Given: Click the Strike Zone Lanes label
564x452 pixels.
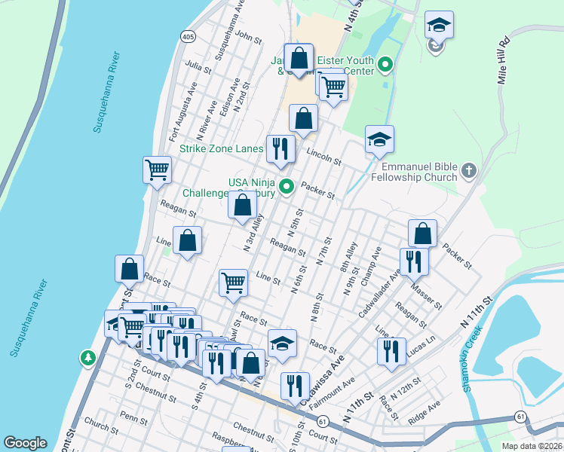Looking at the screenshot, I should coord(220,148).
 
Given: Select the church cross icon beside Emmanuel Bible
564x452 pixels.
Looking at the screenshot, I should coord(468,171).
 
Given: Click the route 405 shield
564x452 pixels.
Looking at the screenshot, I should coord(188,35).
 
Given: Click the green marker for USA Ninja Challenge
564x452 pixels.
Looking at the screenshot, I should coord(287,186).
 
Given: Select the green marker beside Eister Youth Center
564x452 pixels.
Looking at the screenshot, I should coord(386,66).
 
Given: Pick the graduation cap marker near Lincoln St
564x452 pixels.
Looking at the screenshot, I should coord(379,139).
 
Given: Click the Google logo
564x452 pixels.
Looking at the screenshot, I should coord(25,442).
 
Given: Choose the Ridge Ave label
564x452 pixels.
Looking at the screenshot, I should coord(424,409).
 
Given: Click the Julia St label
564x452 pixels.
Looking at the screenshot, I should coord(198,66).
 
